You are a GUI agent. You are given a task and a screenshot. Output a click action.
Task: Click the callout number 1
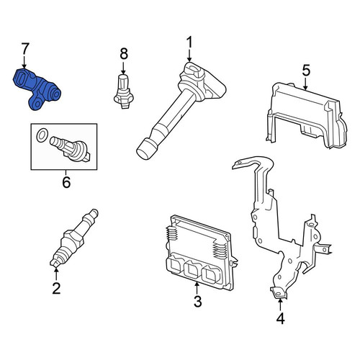click(189, 42)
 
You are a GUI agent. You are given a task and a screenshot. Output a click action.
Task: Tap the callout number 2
click(56, 289)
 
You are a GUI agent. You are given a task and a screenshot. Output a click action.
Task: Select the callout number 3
click(197, 302)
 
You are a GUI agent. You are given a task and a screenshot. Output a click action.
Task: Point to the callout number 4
click(280, 319)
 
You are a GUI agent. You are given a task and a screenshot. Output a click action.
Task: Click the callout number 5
click(306, 70)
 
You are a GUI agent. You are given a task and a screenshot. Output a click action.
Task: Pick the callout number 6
click(66, 182)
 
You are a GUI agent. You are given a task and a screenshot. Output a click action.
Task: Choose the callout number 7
click(25, 49)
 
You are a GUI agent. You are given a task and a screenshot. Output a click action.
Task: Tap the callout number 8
click(124, 54)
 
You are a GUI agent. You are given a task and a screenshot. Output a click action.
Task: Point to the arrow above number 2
click(56, 274)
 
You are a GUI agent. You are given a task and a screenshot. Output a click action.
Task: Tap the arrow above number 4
click(280, 305)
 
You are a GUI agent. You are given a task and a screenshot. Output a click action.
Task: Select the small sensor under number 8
click(123, 91)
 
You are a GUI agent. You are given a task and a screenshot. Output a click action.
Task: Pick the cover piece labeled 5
click(307, 116)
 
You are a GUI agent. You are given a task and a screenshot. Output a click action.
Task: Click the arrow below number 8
click(123, 68)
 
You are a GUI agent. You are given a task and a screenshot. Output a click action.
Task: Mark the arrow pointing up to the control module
click(197, 288)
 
